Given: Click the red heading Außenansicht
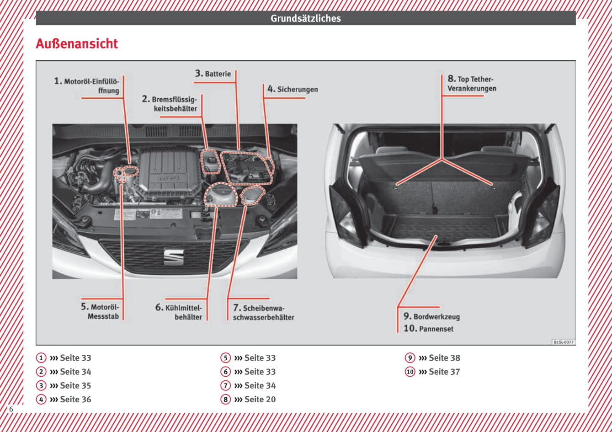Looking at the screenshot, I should [x=77, y=44].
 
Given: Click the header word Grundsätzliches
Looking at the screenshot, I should [x=305, y=18].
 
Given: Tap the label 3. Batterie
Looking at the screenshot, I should [x=213, y=73].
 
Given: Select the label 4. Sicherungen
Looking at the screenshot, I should [x=293, y=89].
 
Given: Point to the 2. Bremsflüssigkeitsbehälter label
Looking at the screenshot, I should [x=170, y=104].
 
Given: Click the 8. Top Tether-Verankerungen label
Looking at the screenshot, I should [x=471, y=84].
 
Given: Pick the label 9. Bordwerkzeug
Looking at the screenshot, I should [x=431, y=316].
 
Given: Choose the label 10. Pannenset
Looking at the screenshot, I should [x=428, y=328].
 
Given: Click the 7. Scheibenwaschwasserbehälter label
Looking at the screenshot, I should [x=263, y=313].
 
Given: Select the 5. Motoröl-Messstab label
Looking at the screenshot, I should [x=100, y=312].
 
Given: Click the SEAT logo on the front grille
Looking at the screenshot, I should [x=174, y=257].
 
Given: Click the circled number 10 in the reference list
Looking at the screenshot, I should [x=410, y=372].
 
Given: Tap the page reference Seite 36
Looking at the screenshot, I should [x=75, y=399].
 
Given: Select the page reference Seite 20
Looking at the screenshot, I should [x=260, y=399].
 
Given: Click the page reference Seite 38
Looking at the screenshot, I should [x=444, y=358].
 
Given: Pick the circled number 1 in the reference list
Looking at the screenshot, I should [x=41, y=358].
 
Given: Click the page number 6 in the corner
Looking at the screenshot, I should [x=11, y=409].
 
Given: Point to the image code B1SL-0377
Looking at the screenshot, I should [x=564, y=342].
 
